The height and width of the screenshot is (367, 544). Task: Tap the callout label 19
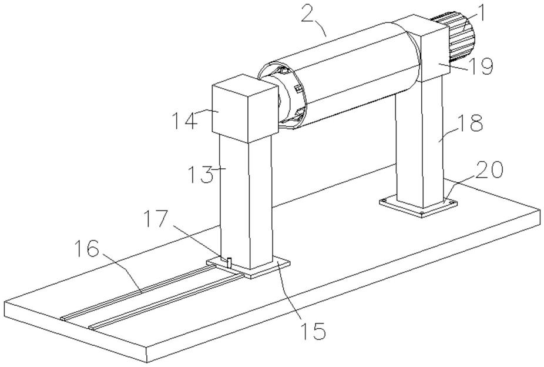pos(481,66)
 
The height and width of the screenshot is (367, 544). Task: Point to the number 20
pos(489,171)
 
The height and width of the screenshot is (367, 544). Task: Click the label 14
pos(185,120)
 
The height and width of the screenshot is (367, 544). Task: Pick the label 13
pos(200,174)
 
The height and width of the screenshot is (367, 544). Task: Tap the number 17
pos(156,219)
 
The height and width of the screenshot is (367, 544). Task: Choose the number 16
pos(86,249)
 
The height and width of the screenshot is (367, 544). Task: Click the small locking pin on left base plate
pos(229,262)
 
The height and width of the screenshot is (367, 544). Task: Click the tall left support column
pos(246,203)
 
